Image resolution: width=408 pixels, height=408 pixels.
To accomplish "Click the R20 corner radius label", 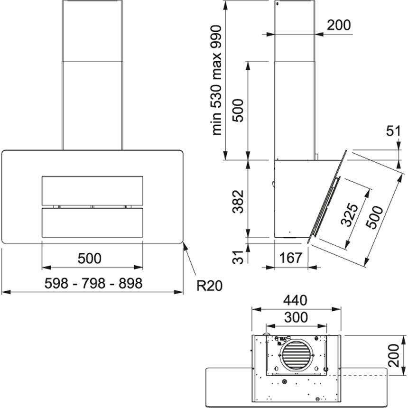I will click(209, 285).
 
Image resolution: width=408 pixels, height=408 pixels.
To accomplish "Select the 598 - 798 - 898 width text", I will click(93, 284).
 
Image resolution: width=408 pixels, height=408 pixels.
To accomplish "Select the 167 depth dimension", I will click(291, 258).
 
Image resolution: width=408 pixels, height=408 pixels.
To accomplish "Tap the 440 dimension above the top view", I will click(296, 300).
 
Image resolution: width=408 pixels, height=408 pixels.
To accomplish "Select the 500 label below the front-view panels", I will click(90, 259).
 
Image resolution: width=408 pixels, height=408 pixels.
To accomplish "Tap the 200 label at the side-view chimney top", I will click(339, 25).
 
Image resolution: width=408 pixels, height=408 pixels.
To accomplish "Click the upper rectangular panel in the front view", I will click(92, 191).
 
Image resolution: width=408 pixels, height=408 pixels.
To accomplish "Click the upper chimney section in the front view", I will click(93, 30).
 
